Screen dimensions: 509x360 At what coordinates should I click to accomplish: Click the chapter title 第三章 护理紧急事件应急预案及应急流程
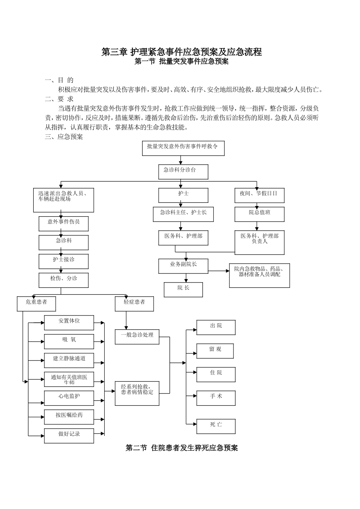(182, 52)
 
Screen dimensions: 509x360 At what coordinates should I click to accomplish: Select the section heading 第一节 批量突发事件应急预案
(182, 62)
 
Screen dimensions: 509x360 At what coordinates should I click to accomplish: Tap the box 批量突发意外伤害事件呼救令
(183, 148)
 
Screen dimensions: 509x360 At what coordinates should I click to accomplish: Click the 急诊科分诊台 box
(183, 172)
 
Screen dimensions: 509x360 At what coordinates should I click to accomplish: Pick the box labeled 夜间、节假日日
(259, 195)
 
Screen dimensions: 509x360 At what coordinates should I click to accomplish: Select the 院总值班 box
(259, 214)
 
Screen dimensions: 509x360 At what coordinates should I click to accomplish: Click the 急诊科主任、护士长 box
(183, 214)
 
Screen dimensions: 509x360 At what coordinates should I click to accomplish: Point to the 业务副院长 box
(183, 266)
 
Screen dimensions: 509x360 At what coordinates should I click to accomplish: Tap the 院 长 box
(183, 289)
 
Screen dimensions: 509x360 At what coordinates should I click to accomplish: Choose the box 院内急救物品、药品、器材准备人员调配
(259, 275)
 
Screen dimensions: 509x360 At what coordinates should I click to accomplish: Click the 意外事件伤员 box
(63, 223)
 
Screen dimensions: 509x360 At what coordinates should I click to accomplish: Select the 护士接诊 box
(63, 261)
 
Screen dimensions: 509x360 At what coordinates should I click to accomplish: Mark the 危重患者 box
(36, 304)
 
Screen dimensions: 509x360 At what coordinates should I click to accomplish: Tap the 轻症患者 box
(134, 304)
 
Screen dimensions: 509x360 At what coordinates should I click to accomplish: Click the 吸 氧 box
(69, 342)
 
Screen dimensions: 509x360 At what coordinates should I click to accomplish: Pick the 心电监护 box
(69, 398)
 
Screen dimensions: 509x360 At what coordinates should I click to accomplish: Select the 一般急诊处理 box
(137, 337)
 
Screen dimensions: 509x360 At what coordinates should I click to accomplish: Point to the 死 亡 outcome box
(216, 426)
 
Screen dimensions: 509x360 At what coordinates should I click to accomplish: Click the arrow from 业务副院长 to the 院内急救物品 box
(219, 271)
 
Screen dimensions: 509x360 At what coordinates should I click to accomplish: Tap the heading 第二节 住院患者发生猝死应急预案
(182, 448)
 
